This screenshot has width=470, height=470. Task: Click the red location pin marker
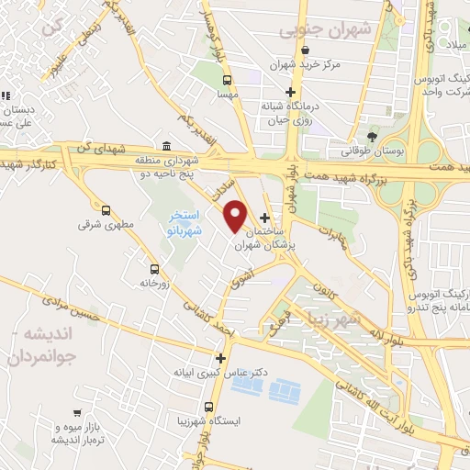pos(236,214)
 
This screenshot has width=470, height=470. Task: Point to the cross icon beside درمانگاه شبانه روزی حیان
pos(291,92)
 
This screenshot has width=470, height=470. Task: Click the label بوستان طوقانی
pos(348,148)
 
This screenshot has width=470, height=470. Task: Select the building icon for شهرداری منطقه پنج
pos(165,147)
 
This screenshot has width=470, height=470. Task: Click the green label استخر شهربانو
pos(184,221)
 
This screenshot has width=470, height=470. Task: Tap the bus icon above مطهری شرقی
pos(106,210)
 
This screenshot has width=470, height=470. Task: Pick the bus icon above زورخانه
pos(153,270)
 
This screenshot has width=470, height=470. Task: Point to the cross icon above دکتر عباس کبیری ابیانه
pos(220,358)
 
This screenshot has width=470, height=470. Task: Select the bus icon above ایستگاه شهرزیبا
pos(210,407)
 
